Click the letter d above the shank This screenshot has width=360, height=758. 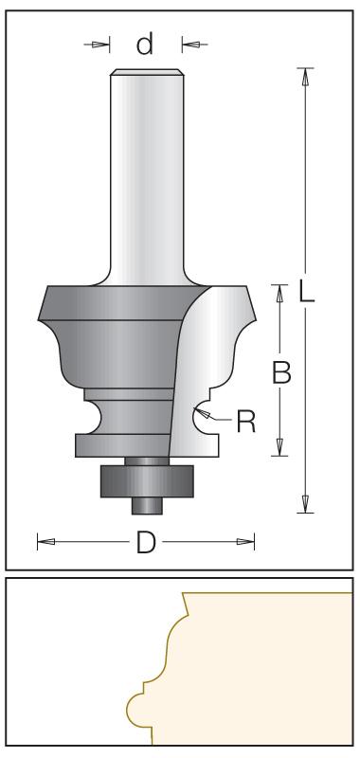[145, 44]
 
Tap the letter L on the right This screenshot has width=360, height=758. [305, 292]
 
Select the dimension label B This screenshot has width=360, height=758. [281, 373]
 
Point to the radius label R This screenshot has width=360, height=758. [246, 421]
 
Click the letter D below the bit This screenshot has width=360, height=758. [146, 542]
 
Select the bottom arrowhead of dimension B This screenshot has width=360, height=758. [279, 447]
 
